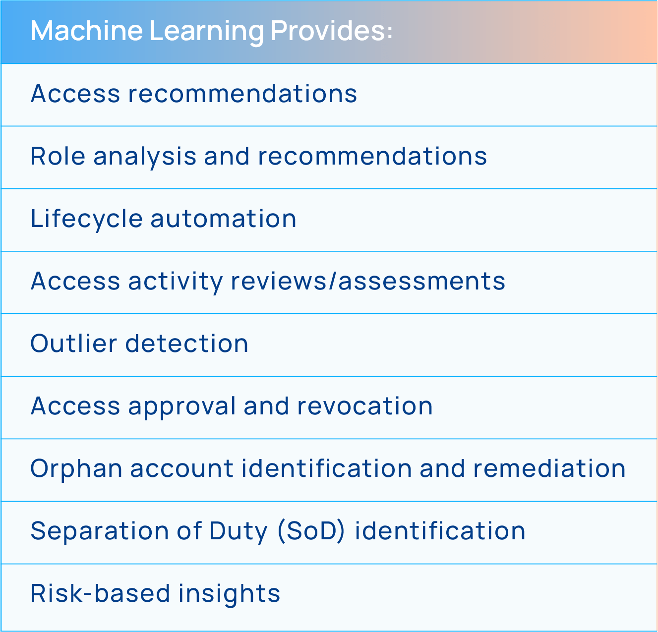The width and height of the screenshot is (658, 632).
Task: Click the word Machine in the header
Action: [86, 31]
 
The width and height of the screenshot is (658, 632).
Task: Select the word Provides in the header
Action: [328, 31]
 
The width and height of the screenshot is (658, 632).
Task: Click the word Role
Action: [58, 157]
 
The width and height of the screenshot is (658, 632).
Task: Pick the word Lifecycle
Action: [86, 219]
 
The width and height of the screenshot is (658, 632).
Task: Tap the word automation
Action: [223, 219]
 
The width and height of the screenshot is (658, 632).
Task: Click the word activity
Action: [176, 282]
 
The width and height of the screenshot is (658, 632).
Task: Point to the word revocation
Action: [365, 406]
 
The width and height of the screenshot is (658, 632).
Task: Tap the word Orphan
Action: [76, 469]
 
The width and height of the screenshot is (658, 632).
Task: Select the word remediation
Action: [549, 469]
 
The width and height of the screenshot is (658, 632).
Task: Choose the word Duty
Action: [239, 531]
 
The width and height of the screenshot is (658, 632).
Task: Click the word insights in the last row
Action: [229, 594]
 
